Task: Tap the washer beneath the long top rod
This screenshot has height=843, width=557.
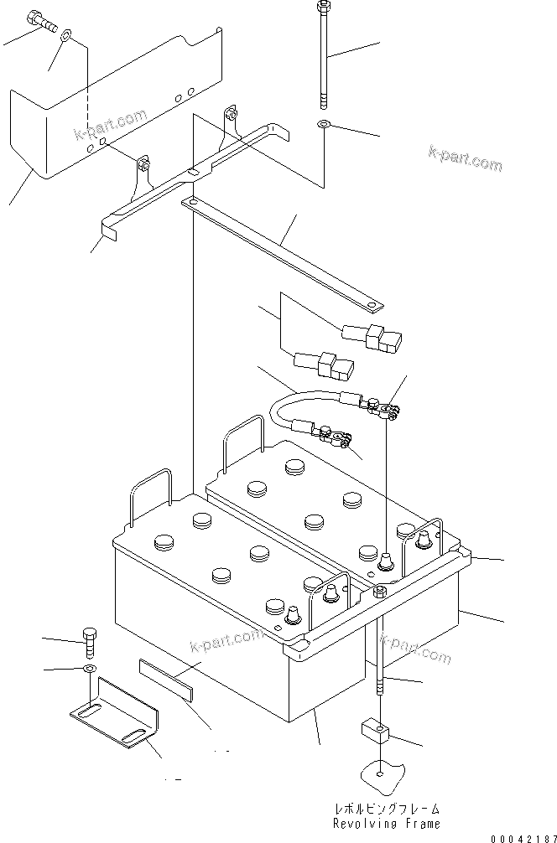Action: click(324, 125)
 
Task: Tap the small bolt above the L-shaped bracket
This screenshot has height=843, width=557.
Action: click(91, 641)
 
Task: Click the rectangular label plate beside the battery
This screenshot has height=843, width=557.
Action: click(165, 680)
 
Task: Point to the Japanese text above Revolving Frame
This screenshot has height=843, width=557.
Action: click(385, 809)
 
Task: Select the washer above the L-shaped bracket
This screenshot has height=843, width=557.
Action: click(90, 670)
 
